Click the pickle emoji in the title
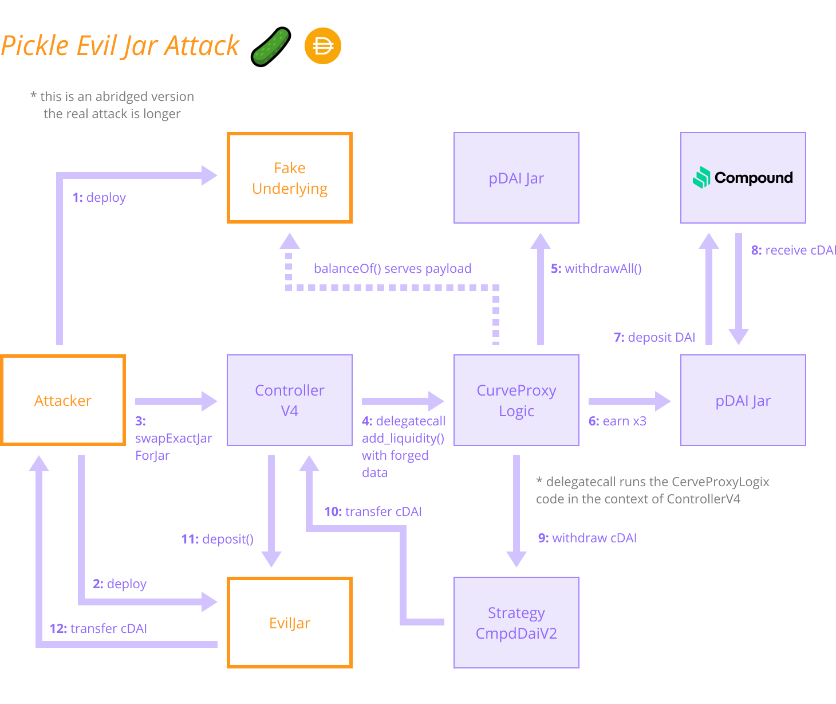tap(271, 46)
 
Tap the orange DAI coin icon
tap(323, 46)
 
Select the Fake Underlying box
tap(290, 178)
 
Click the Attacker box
tap(63, 400)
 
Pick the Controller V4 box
tap(290, 400)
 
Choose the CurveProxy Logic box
tap(516, 400)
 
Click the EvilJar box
tap(290, 623)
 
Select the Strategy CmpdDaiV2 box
tap(516, 623)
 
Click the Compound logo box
tap(743, 178)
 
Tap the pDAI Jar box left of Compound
tap(516, 178)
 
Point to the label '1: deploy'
tap(99, 197)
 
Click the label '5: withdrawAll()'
tap(596, 268)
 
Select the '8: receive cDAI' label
tap(794, 250)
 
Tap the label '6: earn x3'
tap(617, 421)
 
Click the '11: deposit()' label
tap(217, 539)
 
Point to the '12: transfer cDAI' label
tap(98, 628)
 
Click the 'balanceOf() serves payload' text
tap(393, 268)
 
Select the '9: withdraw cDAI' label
tap(587, 538)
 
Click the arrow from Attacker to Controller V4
tap(175, 401)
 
